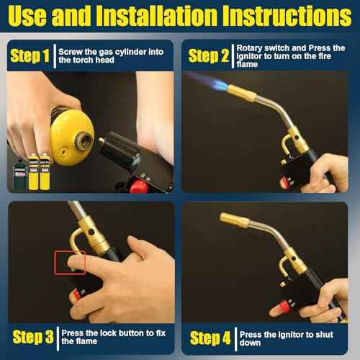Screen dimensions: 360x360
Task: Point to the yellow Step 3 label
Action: coord(33,336)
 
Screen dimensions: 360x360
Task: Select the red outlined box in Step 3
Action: coord(70,262)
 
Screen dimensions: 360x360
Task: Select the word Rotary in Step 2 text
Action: coord(252,48)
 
